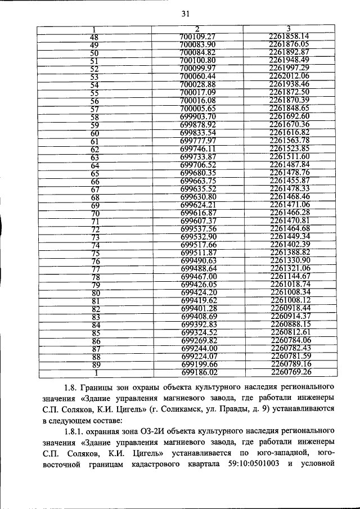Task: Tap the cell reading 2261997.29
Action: tap(289, 68)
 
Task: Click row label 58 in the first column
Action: tap(94, 117)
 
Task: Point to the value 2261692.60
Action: tap(289, 116)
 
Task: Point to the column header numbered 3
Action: tap(287, 29)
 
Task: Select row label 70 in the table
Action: tap(95, 213)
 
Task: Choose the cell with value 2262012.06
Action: tap(289, 76)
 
